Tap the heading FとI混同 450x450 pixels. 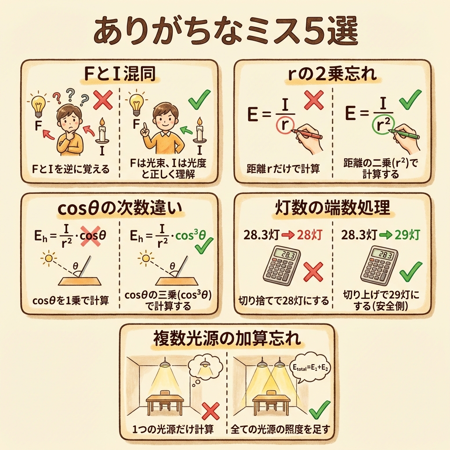pos(120,73)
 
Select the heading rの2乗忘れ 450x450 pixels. pos(332,73)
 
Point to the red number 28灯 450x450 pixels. pos(309,235)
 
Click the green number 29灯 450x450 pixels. pos(407,235)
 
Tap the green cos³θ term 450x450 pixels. pos(190,236)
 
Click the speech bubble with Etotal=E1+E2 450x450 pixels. pos(311,367)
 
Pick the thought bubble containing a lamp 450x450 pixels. pos(206,369)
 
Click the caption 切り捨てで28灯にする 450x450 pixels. pos(283,301)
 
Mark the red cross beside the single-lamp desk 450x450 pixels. pos(211,411)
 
